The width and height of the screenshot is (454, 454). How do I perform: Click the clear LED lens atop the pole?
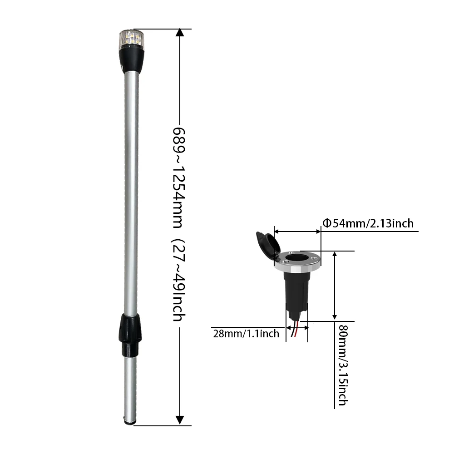131,39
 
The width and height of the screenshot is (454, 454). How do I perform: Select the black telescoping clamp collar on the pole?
130,336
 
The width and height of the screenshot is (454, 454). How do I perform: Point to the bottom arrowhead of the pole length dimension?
180,420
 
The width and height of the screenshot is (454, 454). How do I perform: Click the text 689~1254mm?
179,178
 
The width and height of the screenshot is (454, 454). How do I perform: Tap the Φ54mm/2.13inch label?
368,223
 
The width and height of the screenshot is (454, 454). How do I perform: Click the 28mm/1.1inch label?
246,334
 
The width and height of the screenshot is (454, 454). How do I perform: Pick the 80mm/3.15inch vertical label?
343,365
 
